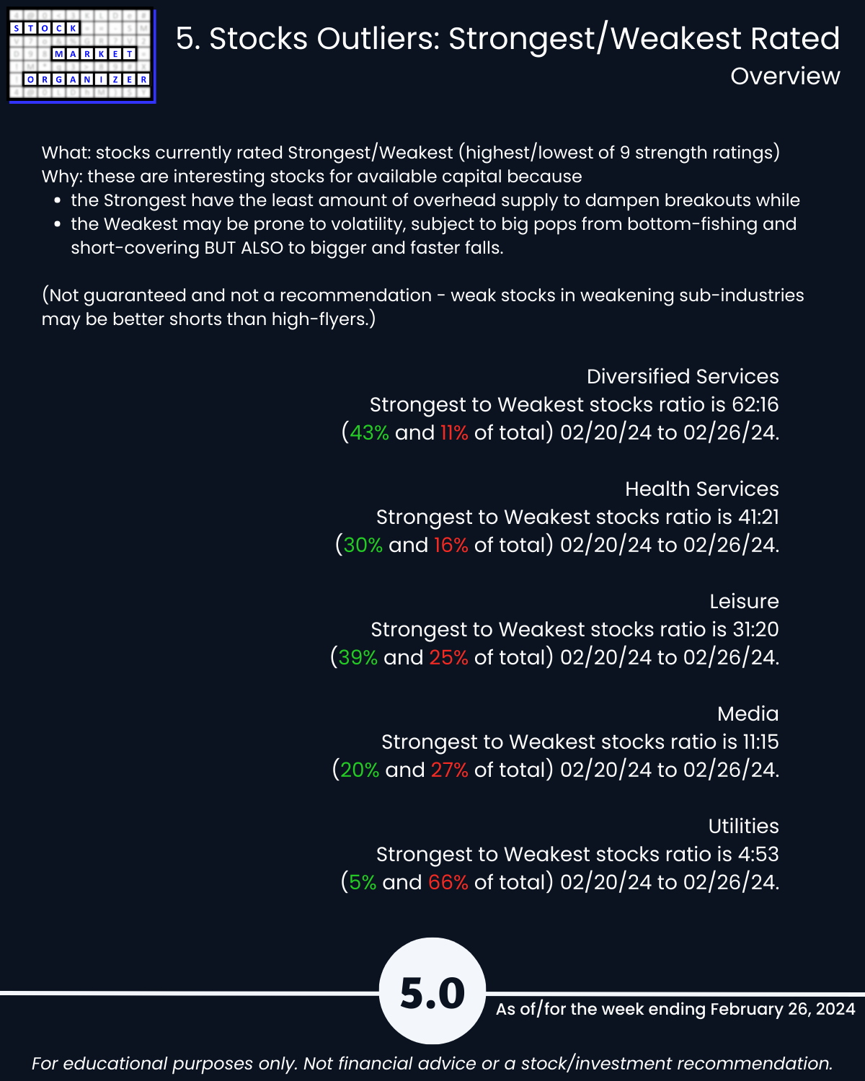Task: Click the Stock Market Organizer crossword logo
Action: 81,55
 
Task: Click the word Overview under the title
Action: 785,76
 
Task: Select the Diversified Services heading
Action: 682,376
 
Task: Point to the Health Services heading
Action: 701,489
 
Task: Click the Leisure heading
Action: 743,601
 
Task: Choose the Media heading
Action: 748,713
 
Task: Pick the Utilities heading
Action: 743,826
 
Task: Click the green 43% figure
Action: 369,432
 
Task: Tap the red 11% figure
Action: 454,432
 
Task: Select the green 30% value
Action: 363,545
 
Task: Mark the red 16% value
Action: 451,545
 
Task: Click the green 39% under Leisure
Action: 358,657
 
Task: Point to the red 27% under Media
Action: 449,770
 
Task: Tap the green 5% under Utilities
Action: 363,882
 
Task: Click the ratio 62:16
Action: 752,404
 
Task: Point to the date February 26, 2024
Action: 782,1009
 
